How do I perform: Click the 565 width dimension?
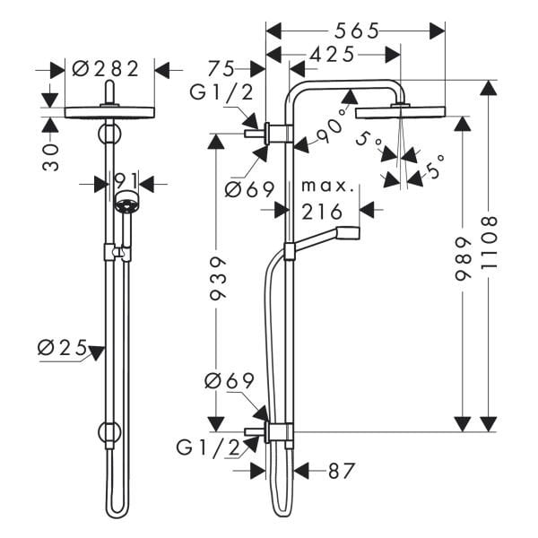(x=357, y=30)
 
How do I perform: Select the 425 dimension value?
(x=332, y=55)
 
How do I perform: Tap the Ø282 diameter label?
(x=106, y=69)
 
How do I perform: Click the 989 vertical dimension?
(x=463, y=259)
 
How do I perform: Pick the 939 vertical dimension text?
(x=218, y=279)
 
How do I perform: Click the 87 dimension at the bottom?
(x=341, y=471)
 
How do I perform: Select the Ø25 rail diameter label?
(x=63, y=348)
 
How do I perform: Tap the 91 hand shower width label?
(x=126, y=181)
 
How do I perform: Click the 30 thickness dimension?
(x=51, y=157)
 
